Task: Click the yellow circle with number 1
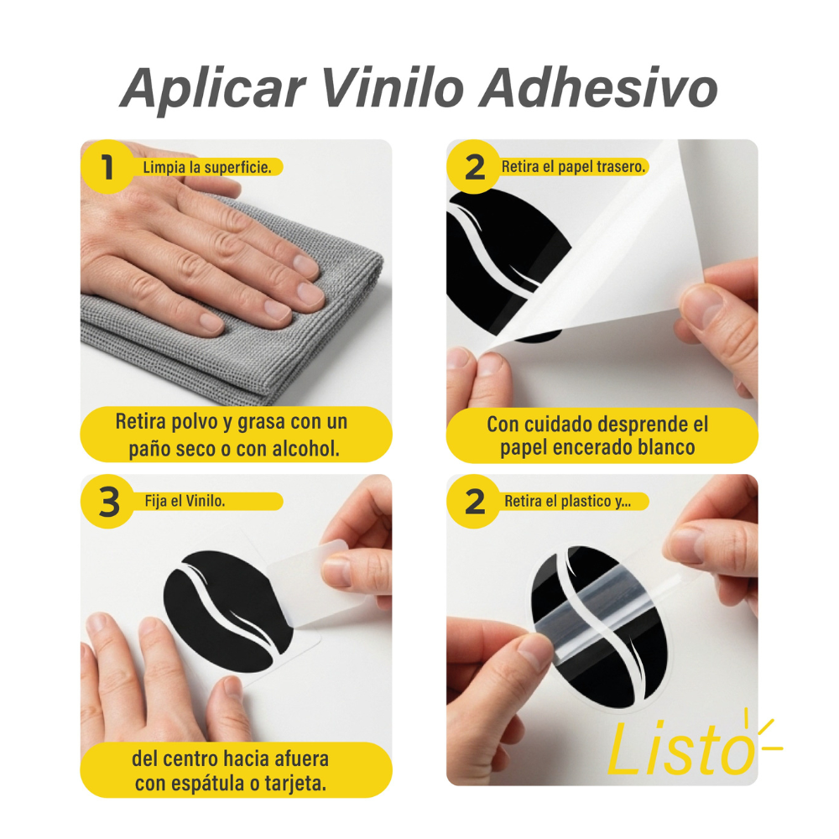(107, 166)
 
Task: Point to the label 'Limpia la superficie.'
(206, 168)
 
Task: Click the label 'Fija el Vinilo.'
(185, 502)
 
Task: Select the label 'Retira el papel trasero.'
(574, 167)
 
